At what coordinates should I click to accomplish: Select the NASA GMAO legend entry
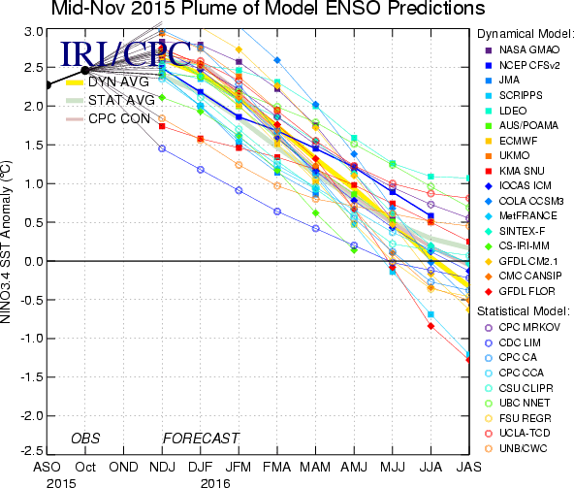coord(523,49)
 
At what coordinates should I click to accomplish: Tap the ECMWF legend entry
coord(513,141)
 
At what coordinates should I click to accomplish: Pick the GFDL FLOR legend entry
coord(520,292)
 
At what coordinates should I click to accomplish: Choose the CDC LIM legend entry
coord(513,342)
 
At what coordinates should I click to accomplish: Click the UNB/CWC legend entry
coord(516,448)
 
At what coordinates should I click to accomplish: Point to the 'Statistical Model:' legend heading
coord(524,311)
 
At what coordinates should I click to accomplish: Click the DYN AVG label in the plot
coord(118,81)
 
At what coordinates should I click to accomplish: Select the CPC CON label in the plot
coord(119,118)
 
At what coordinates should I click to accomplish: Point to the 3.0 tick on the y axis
coord(34,31)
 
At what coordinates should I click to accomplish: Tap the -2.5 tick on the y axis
coord(31,450)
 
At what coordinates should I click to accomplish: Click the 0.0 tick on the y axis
coord(34,261)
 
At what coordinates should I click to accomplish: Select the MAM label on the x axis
coord(315,467)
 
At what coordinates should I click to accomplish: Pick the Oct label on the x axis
coord(85,467)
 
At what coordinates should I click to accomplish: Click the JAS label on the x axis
coord(469,467)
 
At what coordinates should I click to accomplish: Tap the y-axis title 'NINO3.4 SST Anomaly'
coord(6,243)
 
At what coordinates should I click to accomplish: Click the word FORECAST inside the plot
coord(201,439)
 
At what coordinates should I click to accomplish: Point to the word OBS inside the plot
coord(85,439)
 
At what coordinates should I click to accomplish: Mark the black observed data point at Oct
coord(85,71)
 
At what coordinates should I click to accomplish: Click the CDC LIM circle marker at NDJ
coord(162,148)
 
